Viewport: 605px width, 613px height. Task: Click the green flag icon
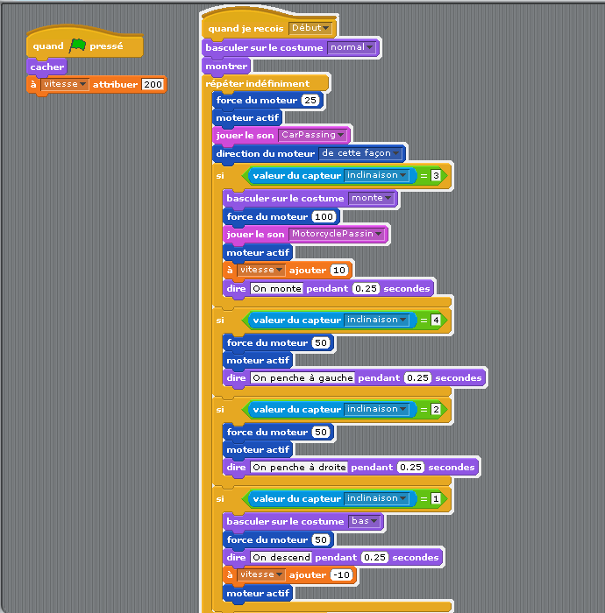(77, 46)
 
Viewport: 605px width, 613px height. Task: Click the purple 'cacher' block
(47, 67)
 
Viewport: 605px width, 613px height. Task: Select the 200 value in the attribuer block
(153, 84)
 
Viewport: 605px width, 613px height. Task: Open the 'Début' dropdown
(310, 28)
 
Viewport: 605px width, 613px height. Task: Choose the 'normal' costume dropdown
(352, 47)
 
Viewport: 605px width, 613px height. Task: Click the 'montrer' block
(226, 66)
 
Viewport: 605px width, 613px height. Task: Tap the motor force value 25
(310, 100)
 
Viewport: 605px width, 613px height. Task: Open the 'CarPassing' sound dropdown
(313, 135)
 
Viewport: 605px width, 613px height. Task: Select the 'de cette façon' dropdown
(360, 153)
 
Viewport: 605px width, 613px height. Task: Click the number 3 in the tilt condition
(436, 175)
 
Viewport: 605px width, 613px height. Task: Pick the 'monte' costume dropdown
(371, 198)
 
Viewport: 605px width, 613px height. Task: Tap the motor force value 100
(324, 216)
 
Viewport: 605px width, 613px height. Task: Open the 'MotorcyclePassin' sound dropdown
(337, 234)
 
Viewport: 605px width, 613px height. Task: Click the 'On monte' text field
(277, 288)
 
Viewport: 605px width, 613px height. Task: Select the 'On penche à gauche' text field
(302, 377)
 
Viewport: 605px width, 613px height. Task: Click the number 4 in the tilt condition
(436, 321)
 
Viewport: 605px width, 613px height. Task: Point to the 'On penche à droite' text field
(299, 467)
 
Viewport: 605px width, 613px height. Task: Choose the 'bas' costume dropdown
(365, 521)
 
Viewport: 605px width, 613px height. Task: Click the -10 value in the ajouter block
(342, 574)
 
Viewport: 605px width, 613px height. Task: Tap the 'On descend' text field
(281, 557)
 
